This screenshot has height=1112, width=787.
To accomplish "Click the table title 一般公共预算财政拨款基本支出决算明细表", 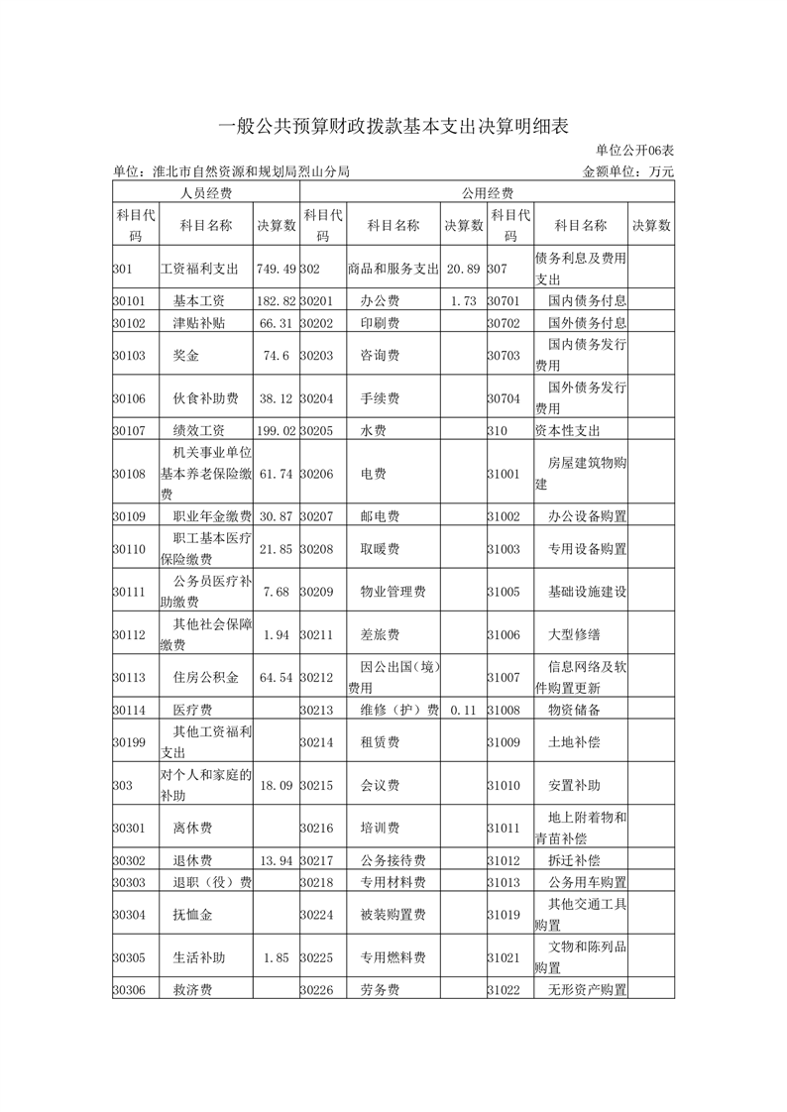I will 393,125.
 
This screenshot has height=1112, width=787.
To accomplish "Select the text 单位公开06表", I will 634,151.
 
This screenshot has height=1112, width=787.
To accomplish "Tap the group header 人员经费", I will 206,193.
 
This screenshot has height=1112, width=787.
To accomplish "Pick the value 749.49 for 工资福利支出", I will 277,270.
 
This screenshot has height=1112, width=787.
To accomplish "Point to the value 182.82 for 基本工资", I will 277,300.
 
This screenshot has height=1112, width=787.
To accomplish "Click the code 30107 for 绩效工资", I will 130,430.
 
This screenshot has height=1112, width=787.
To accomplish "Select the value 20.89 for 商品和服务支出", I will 464,270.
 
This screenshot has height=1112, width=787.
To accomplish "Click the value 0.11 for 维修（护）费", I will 464,710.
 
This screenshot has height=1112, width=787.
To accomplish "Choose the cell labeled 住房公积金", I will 206,678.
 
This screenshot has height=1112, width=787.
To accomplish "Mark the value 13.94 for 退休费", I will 277,860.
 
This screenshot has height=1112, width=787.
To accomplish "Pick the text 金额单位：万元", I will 629,171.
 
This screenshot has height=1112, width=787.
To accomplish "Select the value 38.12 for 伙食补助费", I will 277,398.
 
